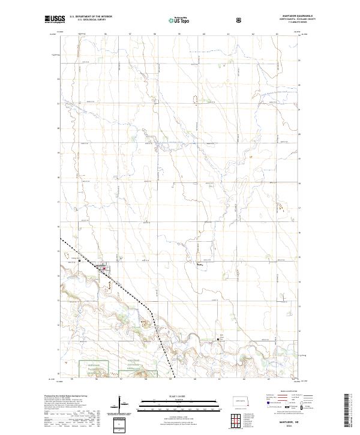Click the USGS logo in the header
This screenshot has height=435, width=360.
pos(53,19)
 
